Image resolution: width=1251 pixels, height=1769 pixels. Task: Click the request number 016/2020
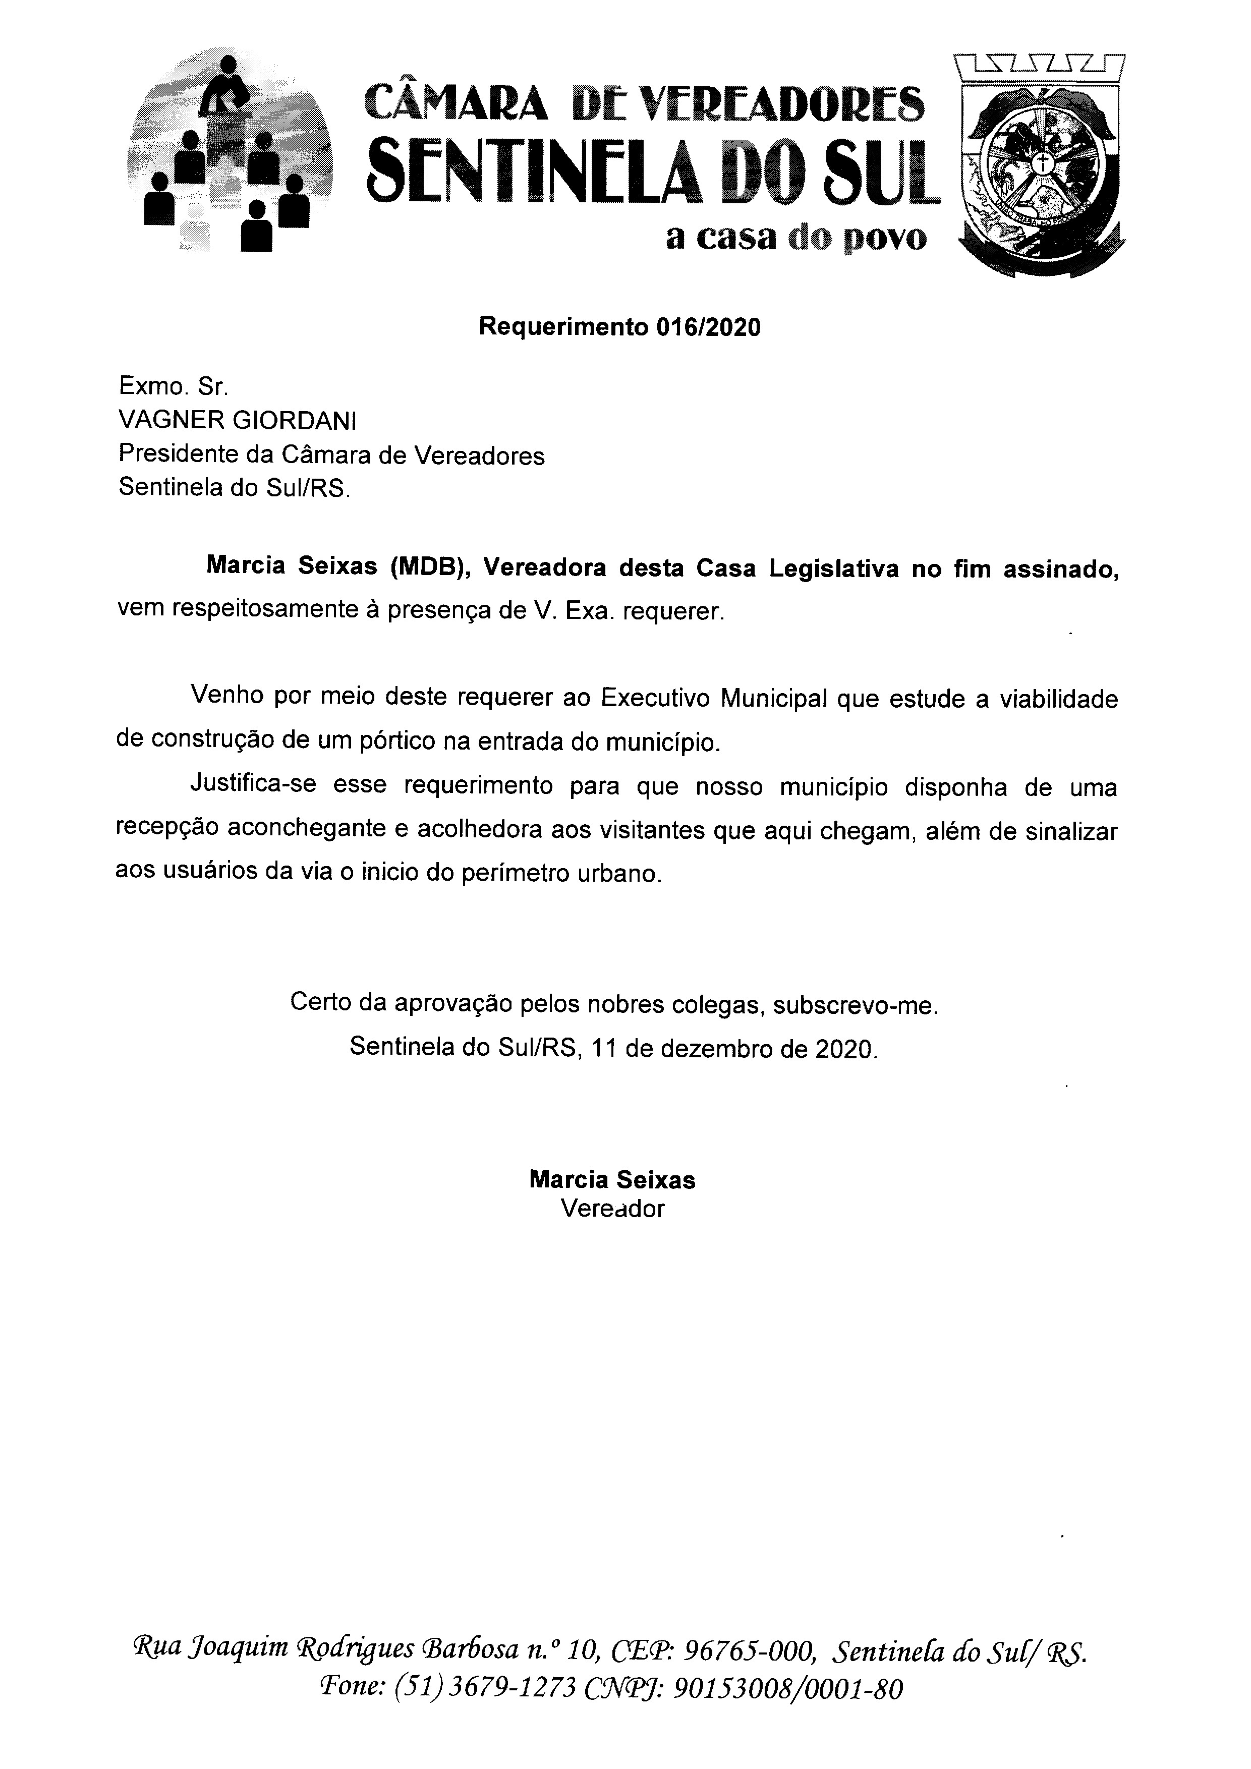pos(708,327)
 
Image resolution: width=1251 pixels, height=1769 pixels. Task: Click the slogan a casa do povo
pos(797,239)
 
